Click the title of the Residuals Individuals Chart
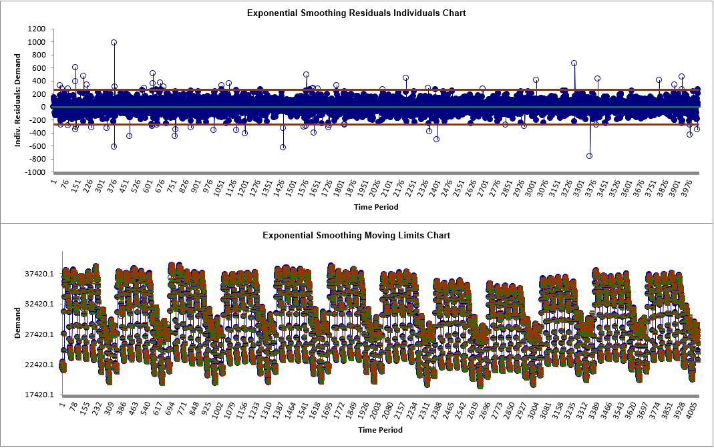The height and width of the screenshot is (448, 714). pyautogui.click(x=356, y=13)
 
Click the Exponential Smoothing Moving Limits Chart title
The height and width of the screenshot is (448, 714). pyautogui.click(x=356, y=235)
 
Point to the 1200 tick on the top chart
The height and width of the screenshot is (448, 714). pyautogui.click(x=37, y=29)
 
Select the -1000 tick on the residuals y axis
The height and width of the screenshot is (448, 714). pyautogui.click(x=35, y=172)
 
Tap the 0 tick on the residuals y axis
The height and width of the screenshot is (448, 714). pyautogui.click(x=43, y=107)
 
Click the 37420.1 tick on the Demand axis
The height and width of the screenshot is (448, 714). pyautogui.click(x=33, y=274)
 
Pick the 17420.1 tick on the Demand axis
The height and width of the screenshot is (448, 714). pyautogui.click(x=33, y=395)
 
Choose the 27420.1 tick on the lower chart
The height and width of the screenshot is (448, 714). pyautogui.click(x=33, y=334)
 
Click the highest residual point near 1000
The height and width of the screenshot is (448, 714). pyautogui.click(x=114, y=42)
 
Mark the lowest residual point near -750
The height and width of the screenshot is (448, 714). pyautogui.click(x=589, y=156)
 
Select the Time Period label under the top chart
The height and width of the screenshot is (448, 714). pyautogui.click(x=376, y=207)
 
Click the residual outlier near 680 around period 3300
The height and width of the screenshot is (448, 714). pyautogui.click(x=574, y=63)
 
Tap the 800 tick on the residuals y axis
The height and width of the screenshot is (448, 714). pyautogui.click(x=39, y=55)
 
